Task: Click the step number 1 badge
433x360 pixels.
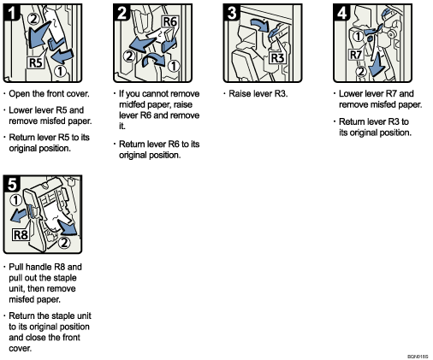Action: click(x=12, y=13)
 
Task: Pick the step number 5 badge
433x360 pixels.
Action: click(x=12, y=182)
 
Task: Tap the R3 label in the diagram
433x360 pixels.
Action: click(x=276, y=58)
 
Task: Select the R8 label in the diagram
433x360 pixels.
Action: click(x=21, y=232)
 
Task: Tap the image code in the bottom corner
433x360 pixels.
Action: click(x=417, y=354)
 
